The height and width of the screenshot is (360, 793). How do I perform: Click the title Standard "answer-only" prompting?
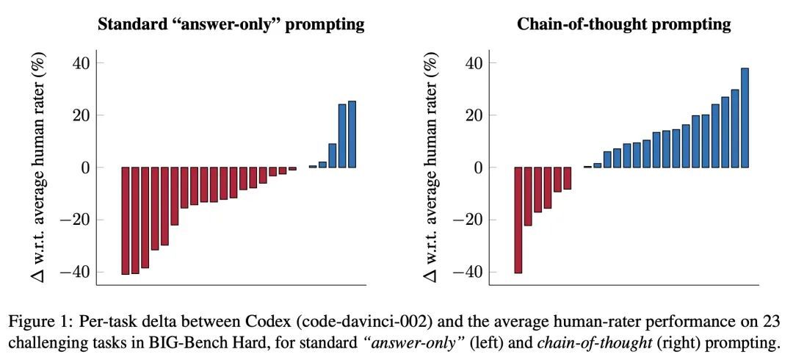click(231, 24)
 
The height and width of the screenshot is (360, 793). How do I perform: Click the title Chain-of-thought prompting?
click(624, 24)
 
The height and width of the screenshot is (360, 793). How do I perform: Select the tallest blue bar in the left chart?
click(352, 134)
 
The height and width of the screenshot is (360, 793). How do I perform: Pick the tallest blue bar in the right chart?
click(745, 118)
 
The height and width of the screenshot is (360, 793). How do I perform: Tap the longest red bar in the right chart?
click(518, 220)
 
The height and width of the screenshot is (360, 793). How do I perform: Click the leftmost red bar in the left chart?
click(126, 220)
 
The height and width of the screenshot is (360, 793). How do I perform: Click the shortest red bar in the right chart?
click(568, 179)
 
